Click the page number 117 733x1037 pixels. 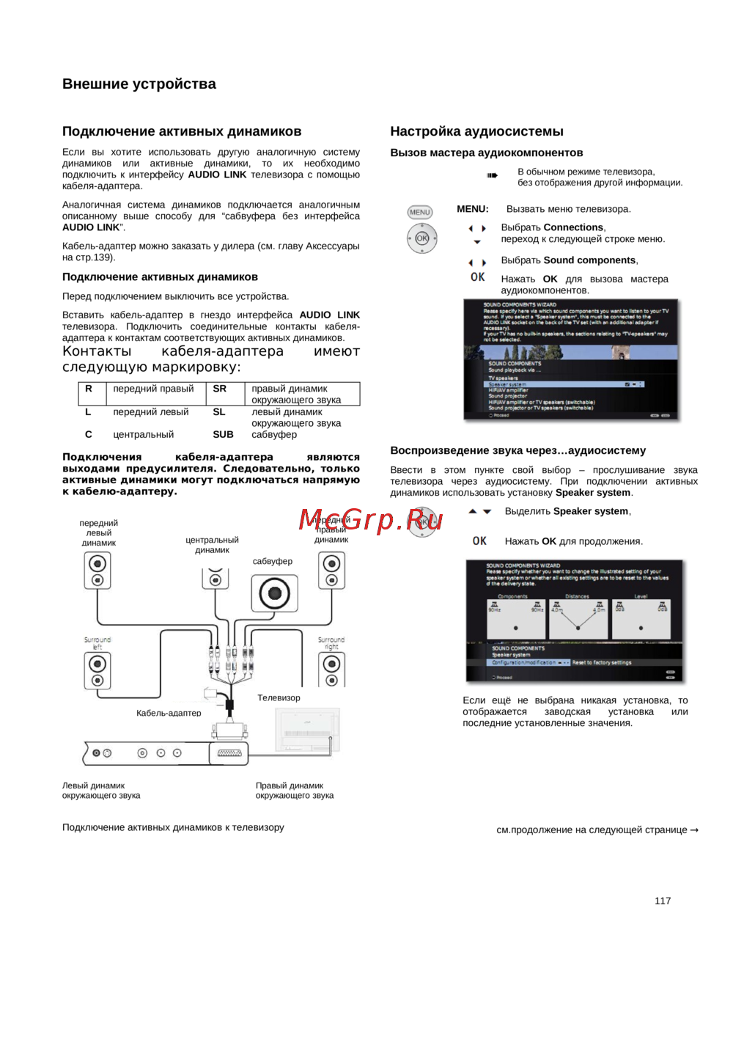662,901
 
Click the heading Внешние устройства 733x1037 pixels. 139,84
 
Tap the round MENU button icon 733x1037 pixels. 420,212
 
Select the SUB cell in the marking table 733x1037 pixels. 223,434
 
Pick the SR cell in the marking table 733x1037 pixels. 220,389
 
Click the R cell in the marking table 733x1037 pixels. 89,389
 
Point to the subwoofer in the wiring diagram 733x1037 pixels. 274,593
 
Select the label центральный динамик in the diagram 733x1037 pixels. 212,545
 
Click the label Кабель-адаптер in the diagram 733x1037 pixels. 169,713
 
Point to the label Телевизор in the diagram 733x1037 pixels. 279,697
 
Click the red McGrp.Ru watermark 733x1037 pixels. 371,520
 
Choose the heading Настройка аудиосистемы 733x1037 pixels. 476,131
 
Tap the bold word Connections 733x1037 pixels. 574,227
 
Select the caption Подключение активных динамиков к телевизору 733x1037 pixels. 173,827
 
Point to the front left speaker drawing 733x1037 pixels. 97,571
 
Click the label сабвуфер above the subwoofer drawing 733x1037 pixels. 273,561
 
